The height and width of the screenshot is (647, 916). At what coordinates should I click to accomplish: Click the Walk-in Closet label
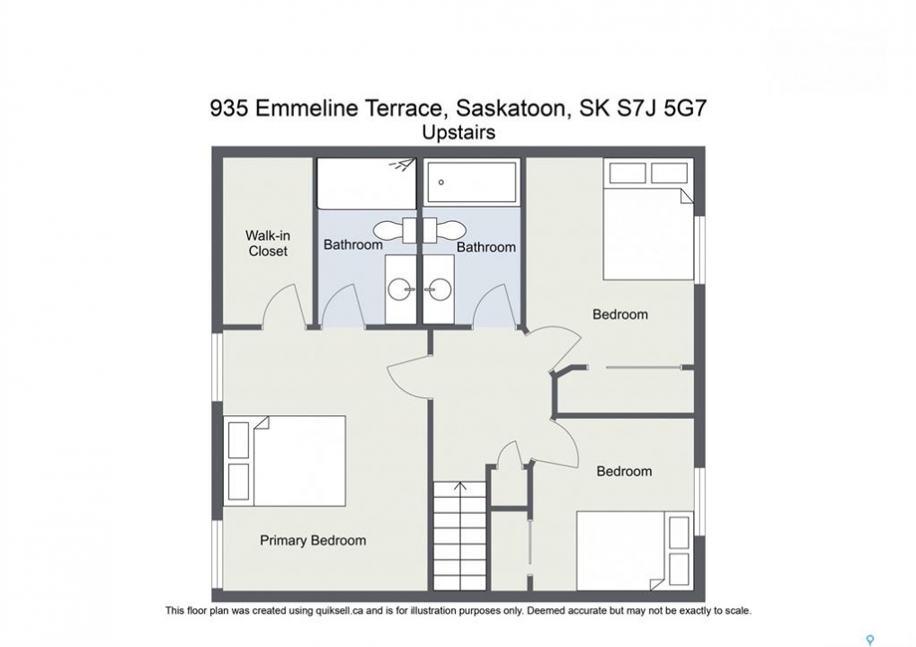268,244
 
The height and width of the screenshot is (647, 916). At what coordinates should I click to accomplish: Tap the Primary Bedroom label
313,541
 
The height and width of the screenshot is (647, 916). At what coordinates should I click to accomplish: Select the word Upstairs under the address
458,133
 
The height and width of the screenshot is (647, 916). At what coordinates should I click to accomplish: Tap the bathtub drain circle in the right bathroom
441,182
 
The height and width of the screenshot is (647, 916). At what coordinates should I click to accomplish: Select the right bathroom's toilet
443,230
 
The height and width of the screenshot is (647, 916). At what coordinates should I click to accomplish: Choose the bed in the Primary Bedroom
284,461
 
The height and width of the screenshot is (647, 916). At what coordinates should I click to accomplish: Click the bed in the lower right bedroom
635,551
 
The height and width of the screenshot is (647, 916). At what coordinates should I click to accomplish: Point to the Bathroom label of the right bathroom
486,247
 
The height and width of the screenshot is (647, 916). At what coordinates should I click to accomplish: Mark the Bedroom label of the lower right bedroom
624,471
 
